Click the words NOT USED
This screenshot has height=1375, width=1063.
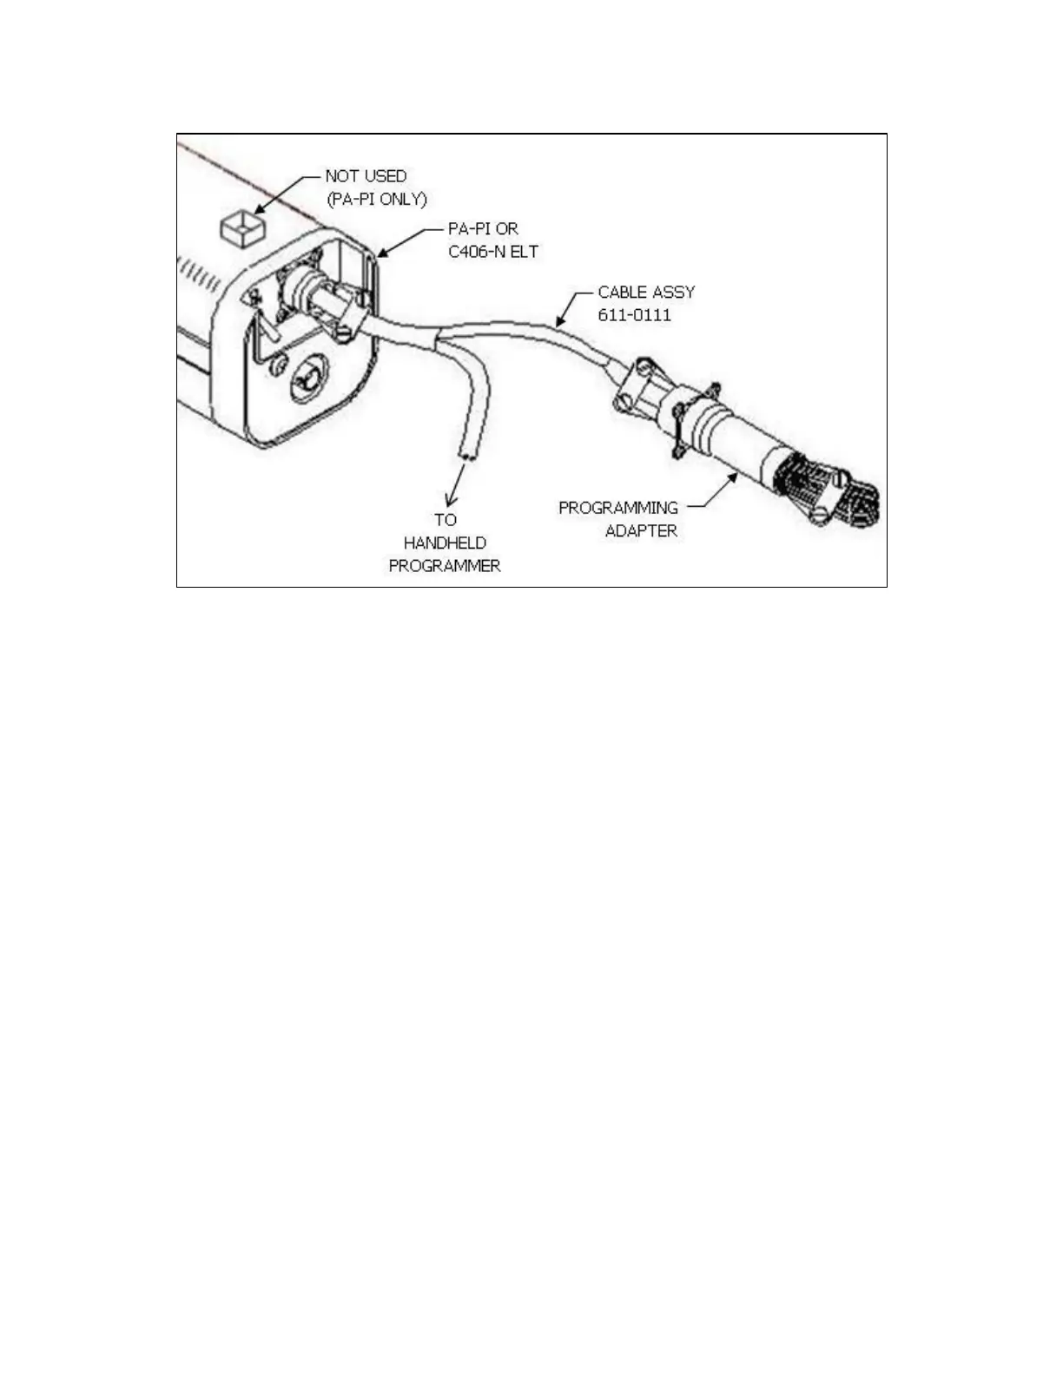pos(366,176)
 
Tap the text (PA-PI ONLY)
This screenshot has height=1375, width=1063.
pos(377,199)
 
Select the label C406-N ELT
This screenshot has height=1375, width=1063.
pos(493,252)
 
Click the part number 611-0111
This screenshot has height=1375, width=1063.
pos(634,314)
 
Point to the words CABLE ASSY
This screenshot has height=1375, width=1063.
pos(646,292)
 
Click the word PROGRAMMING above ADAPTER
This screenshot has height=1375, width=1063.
pos(617,508)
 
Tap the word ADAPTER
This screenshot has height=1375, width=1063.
pos(641,530)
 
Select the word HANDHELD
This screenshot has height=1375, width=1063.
pos(445,543)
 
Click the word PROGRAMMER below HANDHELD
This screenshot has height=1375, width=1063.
pos(445,566)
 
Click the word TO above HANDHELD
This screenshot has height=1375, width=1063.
pos(445,520)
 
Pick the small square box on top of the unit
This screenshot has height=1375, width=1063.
pos(241,227)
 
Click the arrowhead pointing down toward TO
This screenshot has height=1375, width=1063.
pos(450,501)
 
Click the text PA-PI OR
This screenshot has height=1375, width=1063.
pos(483,229)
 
